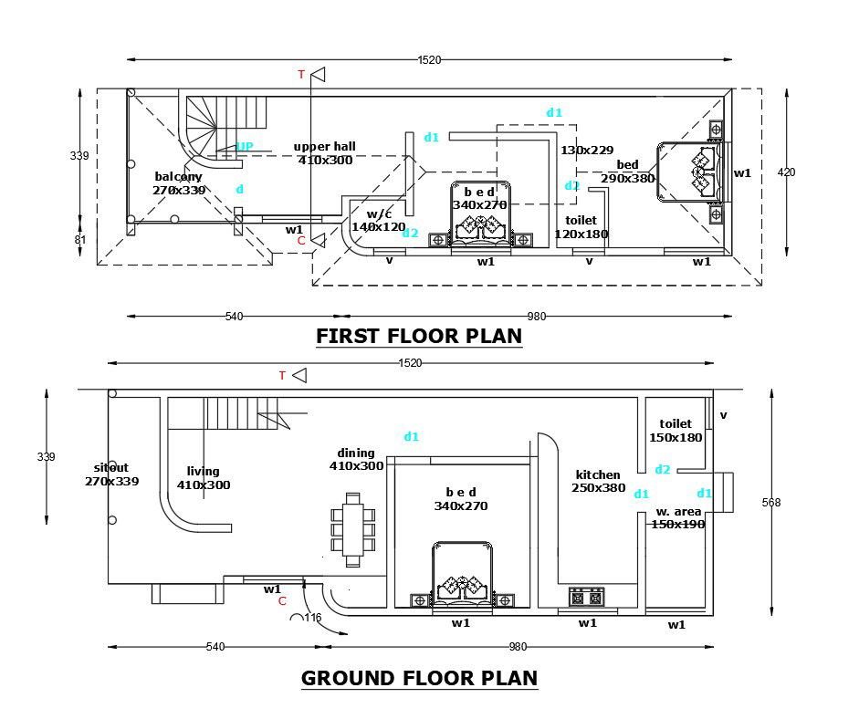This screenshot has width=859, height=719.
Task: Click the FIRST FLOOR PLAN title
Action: click(419, 336)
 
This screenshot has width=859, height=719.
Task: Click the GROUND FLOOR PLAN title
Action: click(419, 678)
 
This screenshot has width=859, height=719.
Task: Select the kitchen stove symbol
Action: click(586, 597)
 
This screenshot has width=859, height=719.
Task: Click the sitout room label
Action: click(111, 474)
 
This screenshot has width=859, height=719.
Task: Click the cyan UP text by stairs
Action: click(245, 146)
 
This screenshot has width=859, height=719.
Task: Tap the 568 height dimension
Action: click(771, 503)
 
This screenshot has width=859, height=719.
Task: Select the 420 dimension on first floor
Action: click(786, 172)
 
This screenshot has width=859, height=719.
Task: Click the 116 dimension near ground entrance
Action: click(312, 618)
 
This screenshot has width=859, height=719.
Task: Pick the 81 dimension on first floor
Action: click(79, 240)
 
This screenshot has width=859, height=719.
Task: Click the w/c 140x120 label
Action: click(378, 220)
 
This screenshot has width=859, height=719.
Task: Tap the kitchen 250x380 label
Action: click(599, 481)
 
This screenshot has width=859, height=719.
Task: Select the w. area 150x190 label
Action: click(677, 518)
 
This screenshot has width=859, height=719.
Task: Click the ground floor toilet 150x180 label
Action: click(676, 431)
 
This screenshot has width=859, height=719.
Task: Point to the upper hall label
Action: click(324, 152)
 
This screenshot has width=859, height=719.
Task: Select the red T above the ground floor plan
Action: click(282, 375)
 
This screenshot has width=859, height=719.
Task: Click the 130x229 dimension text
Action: click(587, 150)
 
